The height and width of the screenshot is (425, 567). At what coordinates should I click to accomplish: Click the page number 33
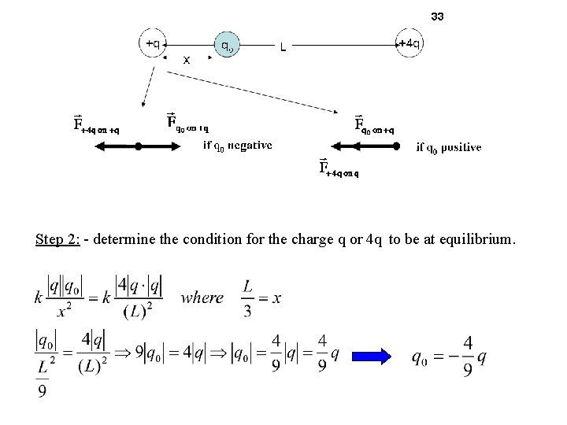coord(438,16)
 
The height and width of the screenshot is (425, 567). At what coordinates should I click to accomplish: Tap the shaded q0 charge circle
coord(226,46)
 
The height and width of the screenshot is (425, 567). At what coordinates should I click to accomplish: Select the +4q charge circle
coord(406,43)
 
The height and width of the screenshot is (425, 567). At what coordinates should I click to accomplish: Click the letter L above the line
coord(283,49)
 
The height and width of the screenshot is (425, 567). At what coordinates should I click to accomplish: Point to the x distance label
coord(187,59)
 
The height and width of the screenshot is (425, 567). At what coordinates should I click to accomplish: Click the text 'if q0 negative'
coord(238,145)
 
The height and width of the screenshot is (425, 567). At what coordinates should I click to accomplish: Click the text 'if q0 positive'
coord(449,146)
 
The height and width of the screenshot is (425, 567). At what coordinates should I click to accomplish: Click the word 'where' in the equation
coord(202,297)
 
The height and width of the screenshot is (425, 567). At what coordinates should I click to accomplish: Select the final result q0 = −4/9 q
coord(448,357)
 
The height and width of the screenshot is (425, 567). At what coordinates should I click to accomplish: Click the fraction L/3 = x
coord(262,297)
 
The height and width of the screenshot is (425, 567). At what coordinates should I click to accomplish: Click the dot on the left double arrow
coord(139,146)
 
